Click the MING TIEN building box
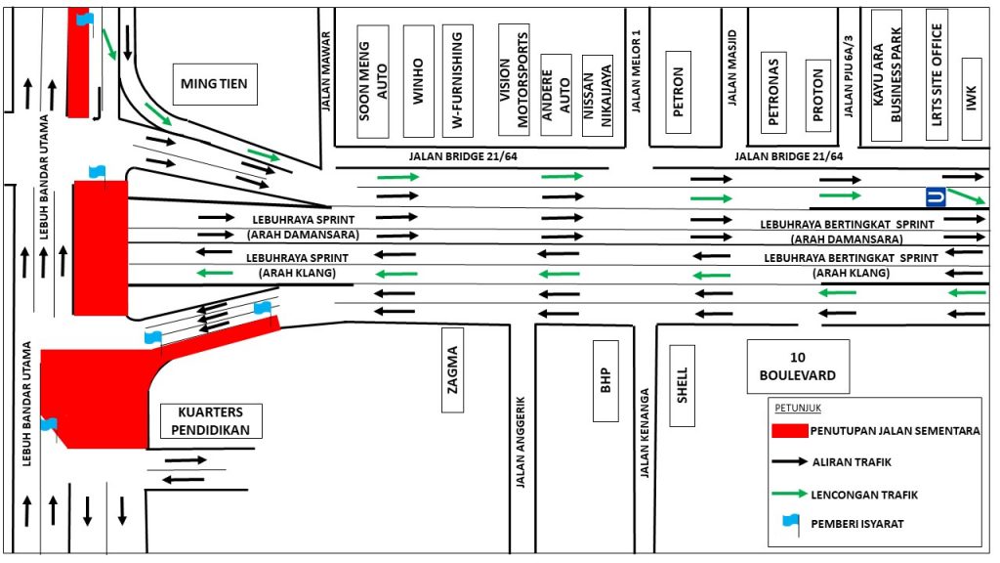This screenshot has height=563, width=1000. [x=214, y=84]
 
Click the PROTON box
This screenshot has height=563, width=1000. [x=818, y=95]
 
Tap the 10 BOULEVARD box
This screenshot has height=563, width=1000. [x=792, y=368]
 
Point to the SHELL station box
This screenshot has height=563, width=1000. [x=683, y=386]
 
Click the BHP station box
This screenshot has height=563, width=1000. [x=604, y=380]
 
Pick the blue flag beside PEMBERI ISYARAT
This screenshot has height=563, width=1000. [x=791, y=523]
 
